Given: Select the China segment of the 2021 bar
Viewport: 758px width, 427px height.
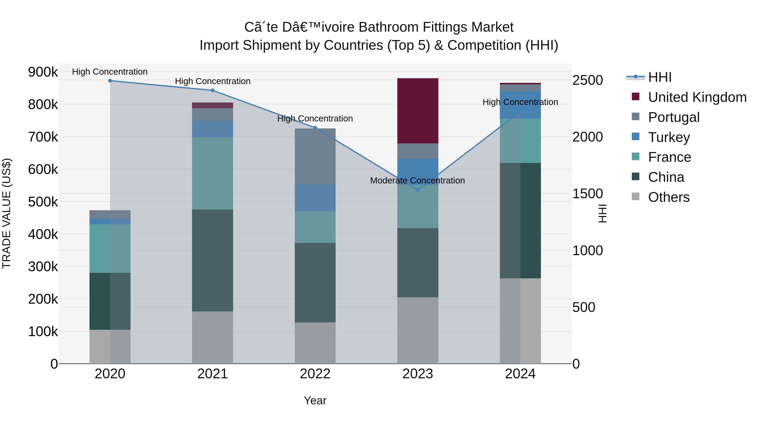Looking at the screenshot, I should (x=212, y=260).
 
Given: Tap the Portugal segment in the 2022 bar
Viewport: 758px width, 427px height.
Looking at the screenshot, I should (x=315, y=156).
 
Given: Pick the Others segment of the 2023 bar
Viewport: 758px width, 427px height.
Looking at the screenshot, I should (x=418, y=330).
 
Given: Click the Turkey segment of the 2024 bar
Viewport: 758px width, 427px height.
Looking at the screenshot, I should (x=520, y=105).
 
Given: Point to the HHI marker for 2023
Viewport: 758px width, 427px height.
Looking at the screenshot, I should (x=418, y=190).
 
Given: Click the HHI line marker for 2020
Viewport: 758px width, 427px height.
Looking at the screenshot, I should (x=110, y=81).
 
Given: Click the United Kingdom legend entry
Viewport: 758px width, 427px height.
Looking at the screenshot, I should (x=697, y=97).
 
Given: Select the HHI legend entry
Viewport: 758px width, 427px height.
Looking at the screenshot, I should (x=660, y=77).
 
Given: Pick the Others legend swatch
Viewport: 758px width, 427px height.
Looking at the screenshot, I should (x=636, y=197).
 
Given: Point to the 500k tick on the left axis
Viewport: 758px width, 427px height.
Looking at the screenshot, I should (x=43, y=202).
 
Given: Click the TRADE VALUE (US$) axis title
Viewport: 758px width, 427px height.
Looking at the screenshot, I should (x=7, y=213).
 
